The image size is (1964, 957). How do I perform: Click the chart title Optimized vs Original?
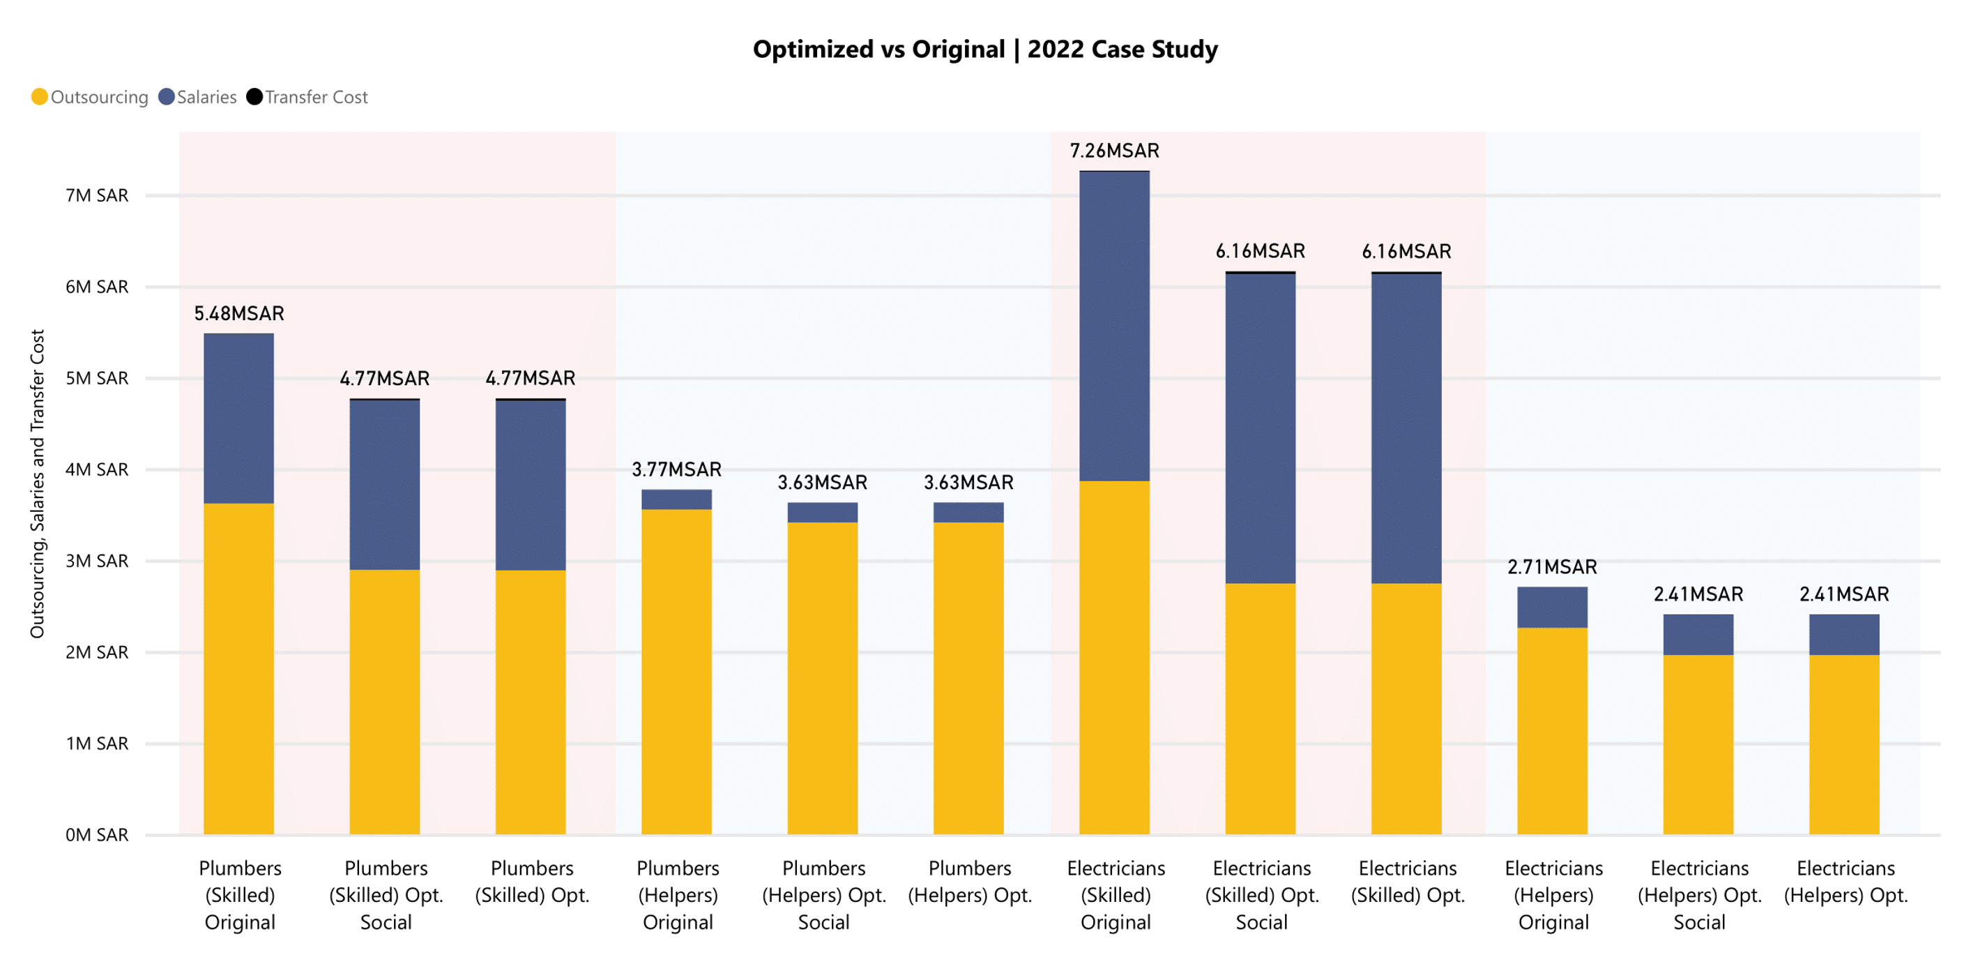pos(984,50)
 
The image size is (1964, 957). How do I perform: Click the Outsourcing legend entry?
pos(90,97)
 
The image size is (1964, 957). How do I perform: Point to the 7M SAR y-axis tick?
pos(97,196)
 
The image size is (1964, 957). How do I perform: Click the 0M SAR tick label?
pos(97,834)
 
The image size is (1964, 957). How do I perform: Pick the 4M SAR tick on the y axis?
pos(97,469)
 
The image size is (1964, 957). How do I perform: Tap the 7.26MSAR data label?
pos(1114,151)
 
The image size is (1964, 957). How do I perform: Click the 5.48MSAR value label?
pos(238,313)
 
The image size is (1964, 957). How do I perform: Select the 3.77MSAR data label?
pos(676,469)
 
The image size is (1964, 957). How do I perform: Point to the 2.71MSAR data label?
pos(1551,566)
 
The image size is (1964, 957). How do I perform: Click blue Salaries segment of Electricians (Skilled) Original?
pos(1114,326)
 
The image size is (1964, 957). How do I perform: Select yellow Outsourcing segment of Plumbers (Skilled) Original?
pos(238,668)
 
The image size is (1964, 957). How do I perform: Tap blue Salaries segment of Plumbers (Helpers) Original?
pos(676,499)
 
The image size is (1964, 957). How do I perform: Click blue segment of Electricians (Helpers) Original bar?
pos(1551,607)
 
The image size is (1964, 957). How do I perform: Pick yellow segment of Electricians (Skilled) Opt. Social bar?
pos(1260,709)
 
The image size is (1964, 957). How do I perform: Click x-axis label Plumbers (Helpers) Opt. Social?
pos(823,894)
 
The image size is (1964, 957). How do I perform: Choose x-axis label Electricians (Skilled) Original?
pos(1116,894)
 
